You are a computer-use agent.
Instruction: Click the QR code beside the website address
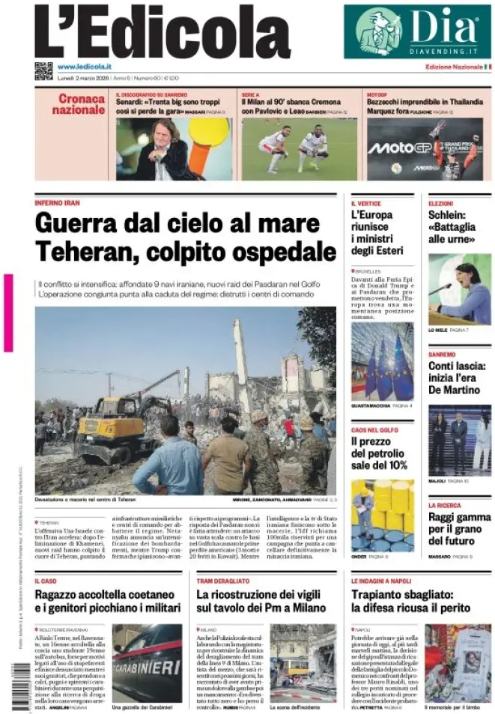pos(43,71)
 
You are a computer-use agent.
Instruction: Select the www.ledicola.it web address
pos(84,67)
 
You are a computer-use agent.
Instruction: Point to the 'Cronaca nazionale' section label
pos(82,104)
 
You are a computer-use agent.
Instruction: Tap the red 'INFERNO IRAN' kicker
pos(58,203)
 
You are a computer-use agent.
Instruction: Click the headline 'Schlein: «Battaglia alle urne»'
pos(452,226)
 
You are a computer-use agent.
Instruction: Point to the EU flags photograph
pos(382,362)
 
